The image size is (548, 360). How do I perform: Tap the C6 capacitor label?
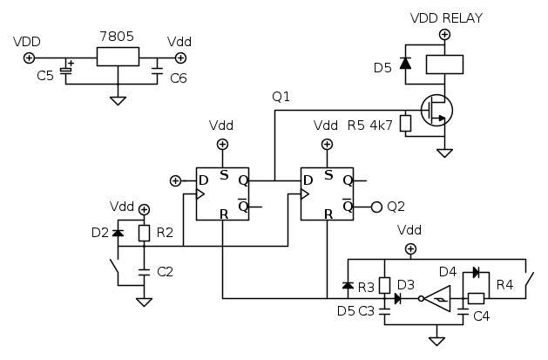click(x=179, y=78)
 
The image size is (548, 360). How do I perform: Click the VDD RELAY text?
click(x=445, y=17)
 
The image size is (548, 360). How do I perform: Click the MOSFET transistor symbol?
click(x=436, y=110)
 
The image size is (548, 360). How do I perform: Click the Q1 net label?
click(x=281, y=96)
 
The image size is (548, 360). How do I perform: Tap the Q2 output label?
click(x=396, y=207)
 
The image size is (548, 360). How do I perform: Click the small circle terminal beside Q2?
click(x=376, y=207)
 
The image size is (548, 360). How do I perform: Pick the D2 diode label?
click(x=99, y=234)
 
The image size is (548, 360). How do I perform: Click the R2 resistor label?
click(x=166, y=233)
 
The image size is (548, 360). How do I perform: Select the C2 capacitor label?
click(x=165, y=272)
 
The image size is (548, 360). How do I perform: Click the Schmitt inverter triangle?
click(x=441, y=299)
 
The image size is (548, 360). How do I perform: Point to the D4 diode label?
click(x=447, y=273)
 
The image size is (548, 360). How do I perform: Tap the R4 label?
click(x=504, y=283)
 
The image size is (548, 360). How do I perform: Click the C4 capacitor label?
click(x=481, y=315)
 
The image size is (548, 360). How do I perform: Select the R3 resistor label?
click(x=366, y=286)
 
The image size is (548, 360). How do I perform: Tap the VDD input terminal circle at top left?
click(x=29, y=58)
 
